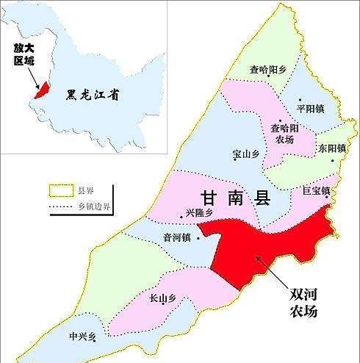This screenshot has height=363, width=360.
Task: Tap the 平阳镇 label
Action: click(x=310, y=108)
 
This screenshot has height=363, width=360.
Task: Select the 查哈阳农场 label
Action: click(x=284, y=132)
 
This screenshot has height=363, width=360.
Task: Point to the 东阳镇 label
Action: click(x=331, y=148)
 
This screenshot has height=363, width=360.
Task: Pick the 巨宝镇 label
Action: click(x=315, y=190)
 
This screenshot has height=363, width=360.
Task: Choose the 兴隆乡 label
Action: click(x=199, y=213)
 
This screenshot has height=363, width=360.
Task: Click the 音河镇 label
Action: click(x=176, y=237)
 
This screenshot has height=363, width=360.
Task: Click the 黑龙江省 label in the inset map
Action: click(x=93, y=94)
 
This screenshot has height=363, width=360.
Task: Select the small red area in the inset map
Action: click(x=43, y=90)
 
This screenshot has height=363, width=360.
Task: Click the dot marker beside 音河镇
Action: click(x=197, y=237)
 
